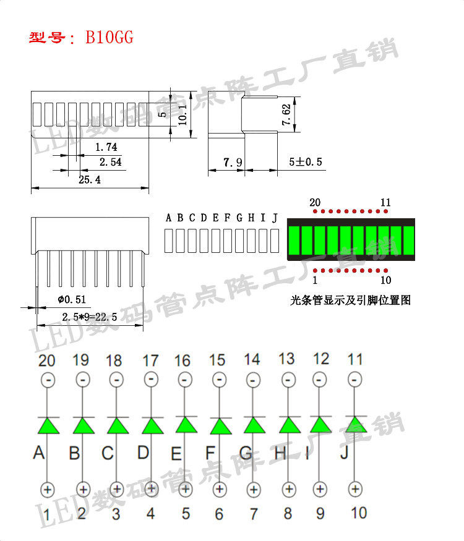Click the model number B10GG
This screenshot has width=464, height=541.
point(110,38)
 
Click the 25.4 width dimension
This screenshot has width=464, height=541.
point(90,179)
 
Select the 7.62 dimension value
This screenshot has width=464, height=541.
point(286,115)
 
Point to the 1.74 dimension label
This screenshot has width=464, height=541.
point(106,147)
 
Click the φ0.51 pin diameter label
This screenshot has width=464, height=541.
point(72,300)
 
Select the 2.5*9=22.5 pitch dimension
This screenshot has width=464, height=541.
point(90,317)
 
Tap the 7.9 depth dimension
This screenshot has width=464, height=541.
point(233,163)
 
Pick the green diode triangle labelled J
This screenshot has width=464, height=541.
point(354,425)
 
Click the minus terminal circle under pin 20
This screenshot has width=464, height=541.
point(48,378)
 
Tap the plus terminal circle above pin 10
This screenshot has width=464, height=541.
point(354,489)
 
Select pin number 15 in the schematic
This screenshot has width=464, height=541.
point(217,359)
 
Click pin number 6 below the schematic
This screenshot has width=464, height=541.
point(219,514)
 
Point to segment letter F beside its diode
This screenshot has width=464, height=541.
point(210,454)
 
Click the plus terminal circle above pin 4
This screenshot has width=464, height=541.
point(150,489)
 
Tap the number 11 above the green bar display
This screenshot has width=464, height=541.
point(385,202)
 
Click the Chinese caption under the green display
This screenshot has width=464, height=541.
point(350,301)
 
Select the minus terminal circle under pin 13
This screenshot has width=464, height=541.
point(286,378)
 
